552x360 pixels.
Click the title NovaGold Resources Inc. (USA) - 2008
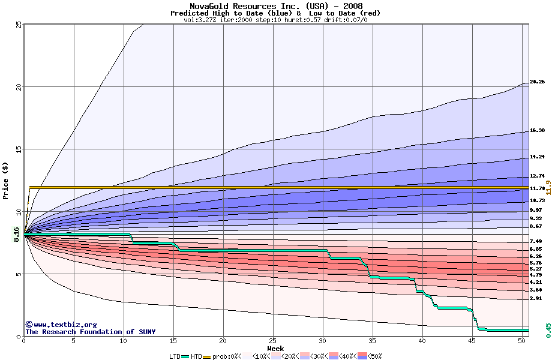click(x=275, y=5)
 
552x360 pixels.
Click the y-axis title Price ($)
click(x=5, y=180)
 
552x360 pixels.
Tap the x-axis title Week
click(x=275, y=348)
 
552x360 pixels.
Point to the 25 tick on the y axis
click(x=18, y=25)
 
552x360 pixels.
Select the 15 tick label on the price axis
click(x=18, y=149)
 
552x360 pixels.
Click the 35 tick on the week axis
click(x=373, y=341)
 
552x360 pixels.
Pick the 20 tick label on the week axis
click(x=223, y=341)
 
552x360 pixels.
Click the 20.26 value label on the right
click(x=537, y=82)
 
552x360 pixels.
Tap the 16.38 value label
click(x=537, y=131)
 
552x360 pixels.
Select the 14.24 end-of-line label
click(x=537, y=157)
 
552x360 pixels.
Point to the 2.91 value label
click(x=536, y=298)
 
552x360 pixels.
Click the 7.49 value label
click(x=536, y=241)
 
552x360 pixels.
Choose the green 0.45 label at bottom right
click(x=548, y=330)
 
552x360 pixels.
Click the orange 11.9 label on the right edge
click(x=548, y=190)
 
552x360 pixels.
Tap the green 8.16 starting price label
click(x=16, y=233)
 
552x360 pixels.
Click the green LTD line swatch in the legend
click(x=185, y=356)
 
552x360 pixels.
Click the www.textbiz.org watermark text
click(x=61, y=325)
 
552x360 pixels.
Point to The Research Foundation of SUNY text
click(x=90, y=332)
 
